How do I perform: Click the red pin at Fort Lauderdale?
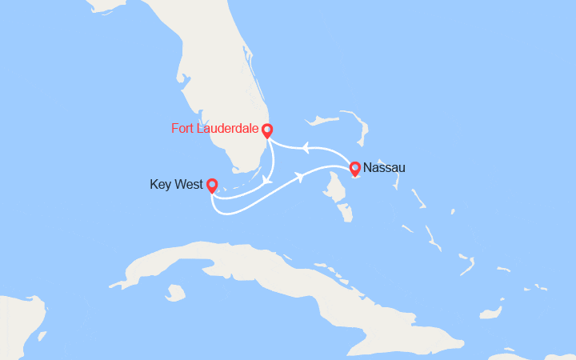click(x=267, y=130)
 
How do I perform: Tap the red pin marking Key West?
click(x=211, y=186)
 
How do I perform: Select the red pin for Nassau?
click(x=355, y=168)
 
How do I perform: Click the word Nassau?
click(x=384, y=168)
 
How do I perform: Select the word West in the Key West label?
click(x=188, y=185)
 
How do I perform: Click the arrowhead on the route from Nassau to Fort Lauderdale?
click(x=305, y=146)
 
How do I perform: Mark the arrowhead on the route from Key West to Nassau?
click(x=301, y=176)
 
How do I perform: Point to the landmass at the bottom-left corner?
click(x=16, y=328)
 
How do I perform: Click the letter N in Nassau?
click(x=367, y=168)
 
